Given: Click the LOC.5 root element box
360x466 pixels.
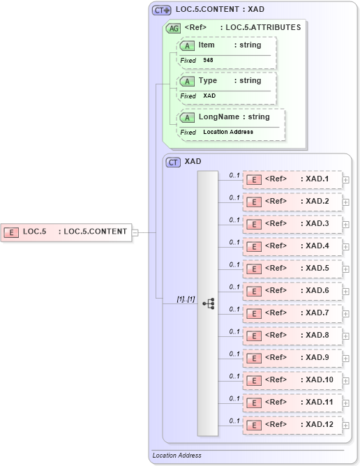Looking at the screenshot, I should (x=66, y=232).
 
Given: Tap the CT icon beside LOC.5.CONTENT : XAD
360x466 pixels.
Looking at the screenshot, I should (x=162, y=10).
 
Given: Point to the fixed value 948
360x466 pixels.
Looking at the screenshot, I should (x=209, y=61).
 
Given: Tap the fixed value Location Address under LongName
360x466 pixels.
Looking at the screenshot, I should (x=228, y=132).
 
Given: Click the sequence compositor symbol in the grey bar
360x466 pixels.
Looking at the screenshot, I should (x=208, y=303).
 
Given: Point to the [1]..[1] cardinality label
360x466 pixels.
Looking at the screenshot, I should (x=186, y=299).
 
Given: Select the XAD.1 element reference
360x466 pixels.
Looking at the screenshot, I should (x=292, y=179).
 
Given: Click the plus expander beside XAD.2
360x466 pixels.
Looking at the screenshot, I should (x=346, y=202).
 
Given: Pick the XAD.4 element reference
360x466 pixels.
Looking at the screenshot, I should (x=292, y=246).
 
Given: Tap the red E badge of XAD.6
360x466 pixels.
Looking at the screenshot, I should (x=255, y=291).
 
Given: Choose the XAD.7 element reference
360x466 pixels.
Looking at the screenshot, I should (x=292, y=313).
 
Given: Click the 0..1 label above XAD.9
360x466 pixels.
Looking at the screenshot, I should (x=234, y=354).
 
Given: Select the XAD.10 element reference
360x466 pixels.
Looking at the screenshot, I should (x=292, y=380).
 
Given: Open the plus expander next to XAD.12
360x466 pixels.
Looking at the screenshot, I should (x=346, y=426).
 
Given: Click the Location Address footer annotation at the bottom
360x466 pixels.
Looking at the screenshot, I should (x=177, y=456).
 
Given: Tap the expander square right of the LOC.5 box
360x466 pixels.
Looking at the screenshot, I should (x=135, y=232).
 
